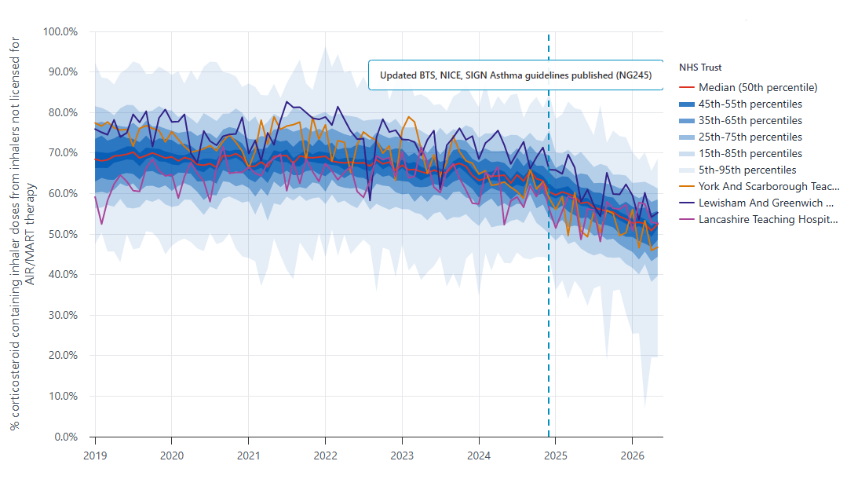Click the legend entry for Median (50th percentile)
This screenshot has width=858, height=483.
748,88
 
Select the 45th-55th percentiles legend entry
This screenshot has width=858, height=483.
740,104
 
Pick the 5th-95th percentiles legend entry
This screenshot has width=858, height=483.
738,170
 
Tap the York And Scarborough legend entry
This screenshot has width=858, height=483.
759,187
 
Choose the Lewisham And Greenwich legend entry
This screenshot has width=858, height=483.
756,203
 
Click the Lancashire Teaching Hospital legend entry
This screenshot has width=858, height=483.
758,220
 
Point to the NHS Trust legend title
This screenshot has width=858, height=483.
700,68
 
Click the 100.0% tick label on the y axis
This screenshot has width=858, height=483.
60,31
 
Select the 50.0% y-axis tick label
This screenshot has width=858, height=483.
63,234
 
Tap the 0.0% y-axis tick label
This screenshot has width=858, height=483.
66,437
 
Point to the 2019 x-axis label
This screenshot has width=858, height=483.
95,456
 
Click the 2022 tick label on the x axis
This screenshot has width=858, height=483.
326,456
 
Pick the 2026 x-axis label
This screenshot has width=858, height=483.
633,456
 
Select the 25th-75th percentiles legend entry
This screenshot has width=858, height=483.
740,137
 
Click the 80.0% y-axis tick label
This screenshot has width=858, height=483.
63,113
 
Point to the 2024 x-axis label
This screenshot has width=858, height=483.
479,456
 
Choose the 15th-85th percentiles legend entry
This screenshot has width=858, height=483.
740,154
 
